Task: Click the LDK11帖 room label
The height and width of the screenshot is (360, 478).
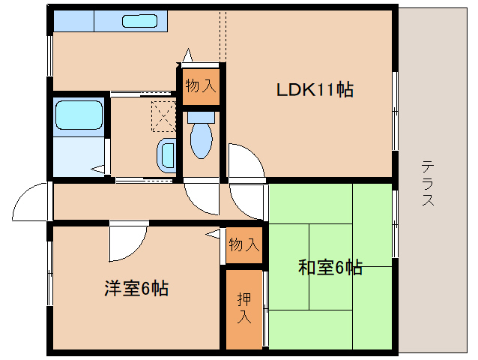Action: (x=315, y=90)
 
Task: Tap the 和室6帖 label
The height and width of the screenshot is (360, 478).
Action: (x=330, y=267)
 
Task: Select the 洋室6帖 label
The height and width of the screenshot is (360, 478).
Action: (x=136, y=287)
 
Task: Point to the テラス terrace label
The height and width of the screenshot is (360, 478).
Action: (x=428, y=183)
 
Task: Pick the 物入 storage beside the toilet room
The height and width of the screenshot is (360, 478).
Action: (x=200, y=85)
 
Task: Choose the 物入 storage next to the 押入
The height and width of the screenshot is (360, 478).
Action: (x=244, y=244)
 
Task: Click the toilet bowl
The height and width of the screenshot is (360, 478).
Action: (x=201, y=139)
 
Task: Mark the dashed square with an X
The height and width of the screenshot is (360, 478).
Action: (x=163, y=116)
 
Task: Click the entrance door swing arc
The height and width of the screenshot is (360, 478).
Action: (x=30, y=201)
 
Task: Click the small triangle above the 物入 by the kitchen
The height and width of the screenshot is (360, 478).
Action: (x=187, y=56)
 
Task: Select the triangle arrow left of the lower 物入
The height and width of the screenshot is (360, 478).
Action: (x=213, y=234)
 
